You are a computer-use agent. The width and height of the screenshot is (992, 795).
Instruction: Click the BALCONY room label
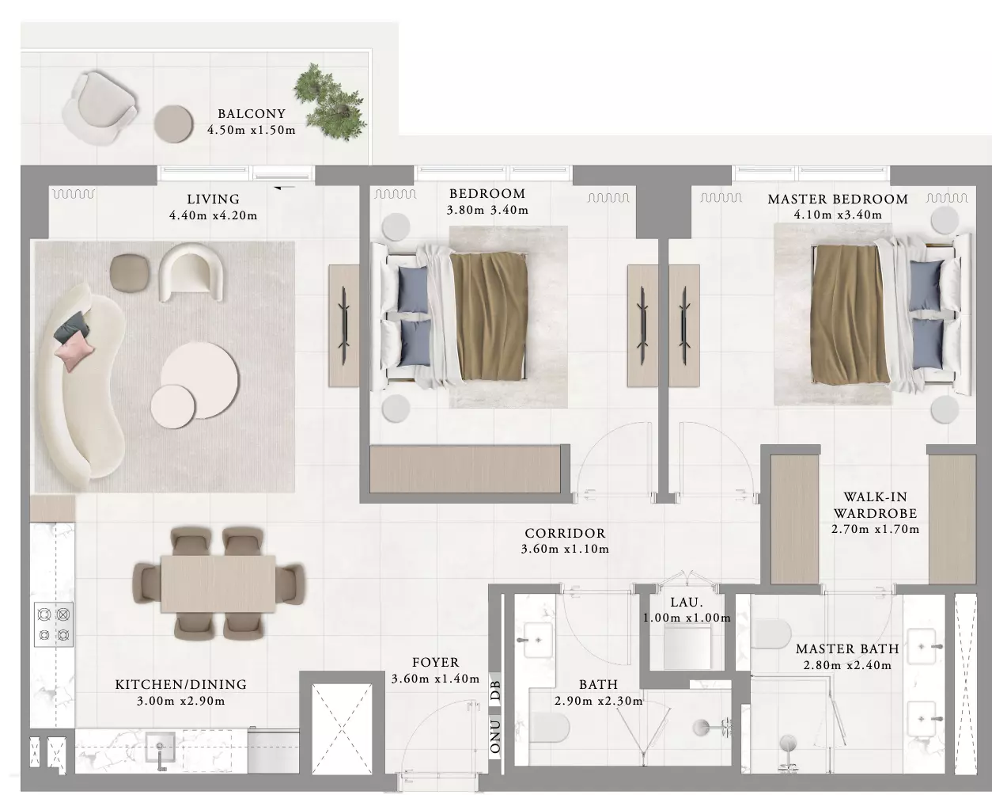coord(252,113)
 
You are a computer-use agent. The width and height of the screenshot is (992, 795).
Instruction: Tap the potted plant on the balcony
coord(330,103)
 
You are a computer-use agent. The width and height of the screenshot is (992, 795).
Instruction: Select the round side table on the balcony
coord(173,124)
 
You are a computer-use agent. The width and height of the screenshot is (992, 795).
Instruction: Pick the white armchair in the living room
coord(192,272)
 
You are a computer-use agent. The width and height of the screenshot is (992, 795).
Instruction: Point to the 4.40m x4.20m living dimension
coord(213,215)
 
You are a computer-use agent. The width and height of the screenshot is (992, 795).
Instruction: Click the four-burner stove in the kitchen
coord(54,625)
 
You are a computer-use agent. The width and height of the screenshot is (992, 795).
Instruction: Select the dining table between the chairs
coord(218,584)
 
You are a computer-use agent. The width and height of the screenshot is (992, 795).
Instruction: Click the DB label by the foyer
coord(495,690)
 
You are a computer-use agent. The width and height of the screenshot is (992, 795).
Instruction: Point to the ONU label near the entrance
coord(495,736)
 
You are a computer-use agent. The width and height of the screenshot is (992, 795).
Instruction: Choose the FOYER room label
coord(436,663)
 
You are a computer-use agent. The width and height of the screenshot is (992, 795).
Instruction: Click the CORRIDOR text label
coord(565,534)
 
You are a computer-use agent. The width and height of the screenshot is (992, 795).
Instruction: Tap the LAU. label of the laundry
coord(687,602)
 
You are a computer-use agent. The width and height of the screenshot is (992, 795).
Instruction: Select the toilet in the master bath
coord(771,633)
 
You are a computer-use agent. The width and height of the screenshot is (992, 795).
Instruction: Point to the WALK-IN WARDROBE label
coord(876,504)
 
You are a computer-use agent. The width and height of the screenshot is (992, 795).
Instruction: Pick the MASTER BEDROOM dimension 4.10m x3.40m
coord(838,215)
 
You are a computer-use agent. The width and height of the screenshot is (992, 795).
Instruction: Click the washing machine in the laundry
coord(687,649)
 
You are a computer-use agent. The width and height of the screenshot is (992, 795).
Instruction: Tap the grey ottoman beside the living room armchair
coord(130,272)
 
